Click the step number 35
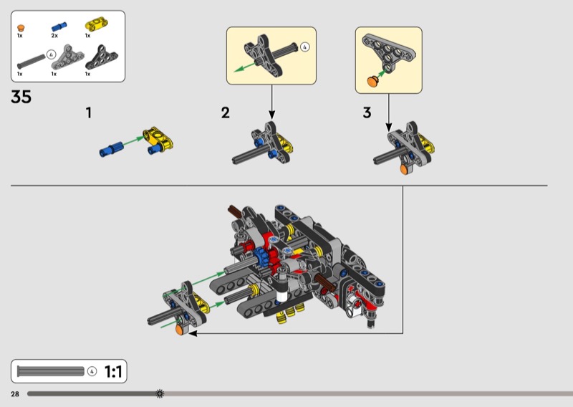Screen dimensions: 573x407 tap(21, 97)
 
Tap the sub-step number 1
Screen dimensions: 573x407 tap(88, 112)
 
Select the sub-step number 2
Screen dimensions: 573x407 tap(226, 112)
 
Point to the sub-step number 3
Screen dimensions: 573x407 tap(367, 112)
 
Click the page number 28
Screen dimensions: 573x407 tap(15, 394)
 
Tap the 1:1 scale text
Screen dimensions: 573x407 tap(113, 371)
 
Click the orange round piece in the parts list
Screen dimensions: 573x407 tap(21, 28)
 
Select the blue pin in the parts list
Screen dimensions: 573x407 tap(59, 27)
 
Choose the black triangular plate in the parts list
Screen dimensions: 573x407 tap(101, 57)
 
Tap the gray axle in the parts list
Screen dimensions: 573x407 tap(31, 62)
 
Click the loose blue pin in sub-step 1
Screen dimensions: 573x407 tap(111, 149)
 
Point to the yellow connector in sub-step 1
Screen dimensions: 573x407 tap(159, 139)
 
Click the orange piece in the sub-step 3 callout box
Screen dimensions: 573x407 tap(373, 81)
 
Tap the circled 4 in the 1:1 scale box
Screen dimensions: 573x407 tap(92, 371)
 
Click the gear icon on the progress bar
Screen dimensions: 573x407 tap(160, 393)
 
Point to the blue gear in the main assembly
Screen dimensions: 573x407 tap(261, 257)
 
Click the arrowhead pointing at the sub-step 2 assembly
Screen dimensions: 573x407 tap(271, 115)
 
